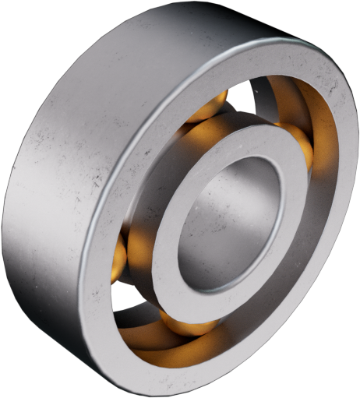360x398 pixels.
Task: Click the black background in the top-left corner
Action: (x=16, y=16)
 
